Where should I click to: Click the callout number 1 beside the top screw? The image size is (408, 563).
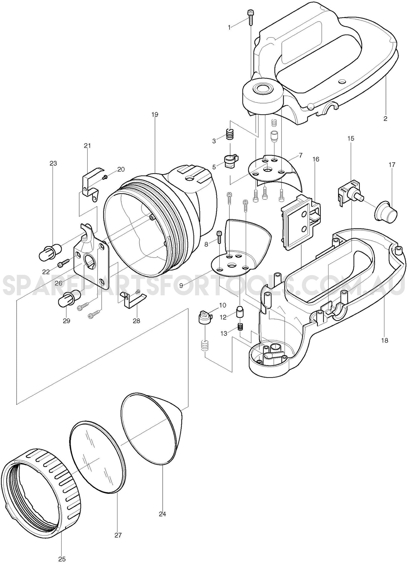[x=229, y=28]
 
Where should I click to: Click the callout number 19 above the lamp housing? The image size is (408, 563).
[x=155, y=115]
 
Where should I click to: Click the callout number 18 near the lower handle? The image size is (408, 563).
[x=384, y=340]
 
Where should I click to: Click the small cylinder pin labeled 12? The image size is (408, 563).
[x=240, y=311]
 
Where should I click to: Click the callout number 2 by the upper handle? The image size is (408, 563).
[x=385, y=119]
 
